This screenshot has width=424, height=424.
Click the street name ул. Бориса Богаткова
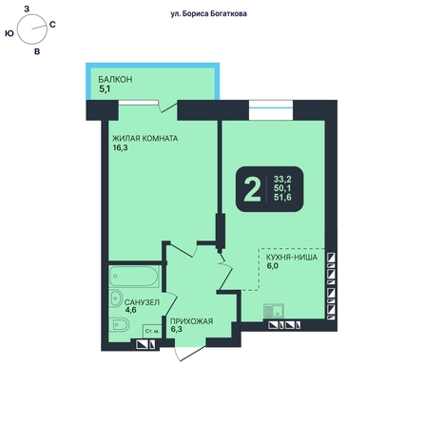click(x=208, y=14)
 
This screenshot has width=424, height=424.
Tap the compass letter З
click(x=27, y=9)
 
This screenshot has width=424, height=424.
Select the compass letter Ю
click(x=10, y=33)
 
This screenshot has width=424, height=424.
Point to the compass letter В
click(x=37, y=51)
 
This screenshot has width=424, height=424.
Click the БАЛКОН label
click(x=115, y=79)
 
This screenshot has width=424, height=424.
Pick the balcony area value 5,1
click(x=105, y=89)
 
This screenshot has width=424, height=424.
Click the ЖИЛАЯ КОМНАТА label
click(x=145, y=139)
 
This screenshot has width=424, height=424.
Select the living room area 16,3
click(x=120, y=147)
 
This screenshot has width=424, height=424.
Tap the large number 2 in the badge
click(x=252, y=189)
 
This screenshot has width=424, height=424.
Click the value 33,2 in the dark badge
click(x=282, y=180)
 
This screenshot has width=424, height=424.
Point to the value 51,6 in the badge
click(x=282, y=198)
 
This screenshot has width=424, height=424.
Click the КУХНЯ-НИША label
click(x=292, y=257)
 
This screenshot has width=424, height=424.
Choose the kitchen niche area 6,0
click(x=272, y=266)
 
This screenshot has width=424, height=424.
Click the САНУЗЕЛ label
click(x=142, y=302)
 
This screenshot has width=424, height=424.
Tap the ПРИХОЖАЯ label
click(x=191, y=321)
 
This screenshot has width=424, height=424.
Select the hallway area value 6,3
click(x=177, y=329)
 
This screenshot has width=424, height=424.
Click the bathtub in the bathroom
click(x=134, y=277)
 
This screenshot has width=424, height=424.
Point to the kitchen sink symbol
click(x=273, y=311)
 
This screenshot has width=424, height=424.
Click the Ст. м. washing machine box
click(x=152, y=332)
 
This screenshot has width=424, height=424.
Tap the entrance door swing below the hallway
click(x=190, y=353)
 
